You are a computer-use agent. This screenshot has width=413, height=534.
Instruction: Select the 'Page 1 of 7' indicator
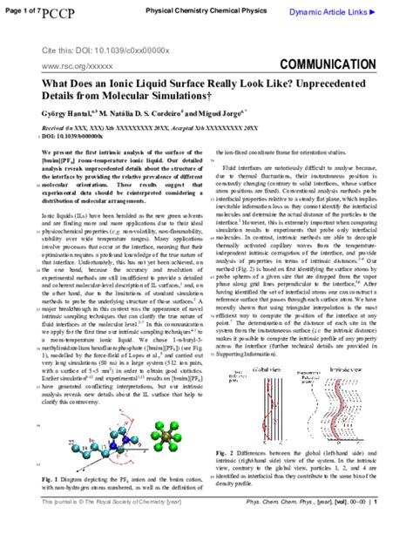[x=17, y=9]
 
